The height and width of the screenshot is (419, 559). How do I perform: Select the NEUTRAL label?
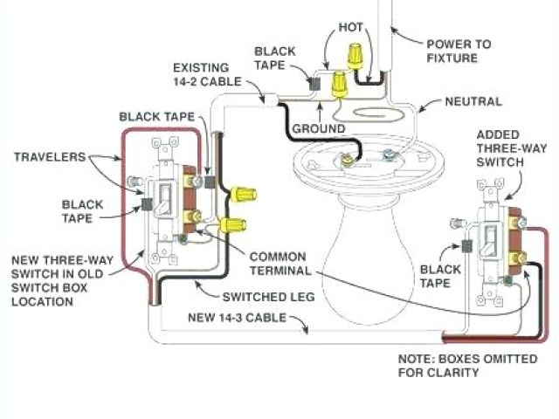click(x=472, y=102)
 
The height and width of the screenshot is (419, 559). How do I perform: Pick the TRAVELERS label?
click(x=51, y=157)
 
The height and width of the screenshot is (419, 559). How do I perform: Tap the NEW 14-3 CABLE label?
click(x=238, y=319)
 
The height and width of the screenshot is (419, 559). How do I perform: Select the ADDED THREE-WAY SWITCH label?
click(x=500, y=148)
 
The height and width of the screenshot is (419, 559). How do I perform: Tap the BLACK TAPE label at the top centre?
click(x=279, y=53)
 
